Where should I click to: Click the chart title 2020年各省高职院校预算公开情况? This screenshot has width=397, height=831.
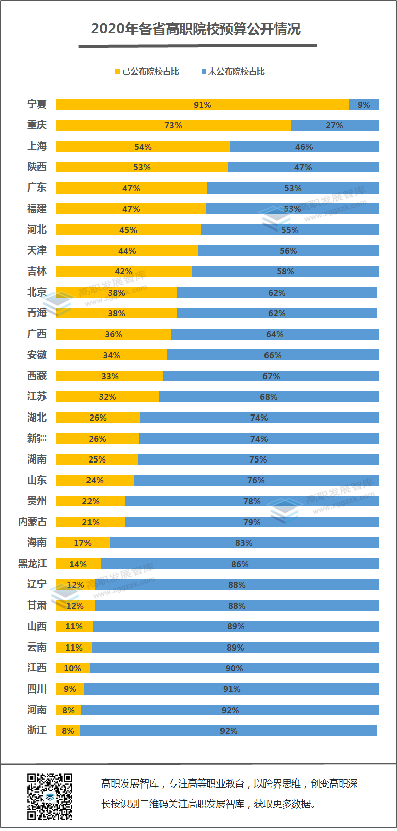(196, 29)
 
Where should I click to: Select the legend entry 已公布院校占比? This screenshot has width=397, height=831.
(147, 72)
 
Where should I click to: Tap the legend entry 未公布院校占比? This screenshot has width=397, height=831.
(233, 72)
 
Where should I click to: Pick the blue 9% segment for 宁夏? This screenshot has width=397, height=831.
(364, 105)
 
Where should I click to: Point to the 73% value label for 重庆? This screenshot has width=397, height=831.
(173, 125)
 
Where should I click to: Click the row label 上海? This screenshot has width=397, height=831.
(37, 146)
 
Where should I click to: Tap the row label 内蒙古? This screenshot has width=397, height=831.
(32, 522)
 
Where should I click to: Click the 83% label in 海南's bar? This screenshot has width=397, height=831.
(244, 543)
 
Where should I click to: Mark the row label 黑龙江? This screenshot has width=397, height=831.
(32, 564)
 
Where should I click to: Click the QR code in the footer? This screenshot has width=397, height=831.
(50, 797)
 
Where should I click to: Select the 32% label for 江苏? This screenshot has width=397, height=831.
(107, 397)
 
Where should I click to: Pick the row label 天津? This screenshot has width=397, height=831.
(37, 251)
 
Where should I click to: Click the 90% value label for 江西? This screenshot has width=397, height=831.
(234, 668)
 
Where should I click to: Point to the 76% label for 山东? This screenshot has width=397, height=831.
(256, 480)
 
